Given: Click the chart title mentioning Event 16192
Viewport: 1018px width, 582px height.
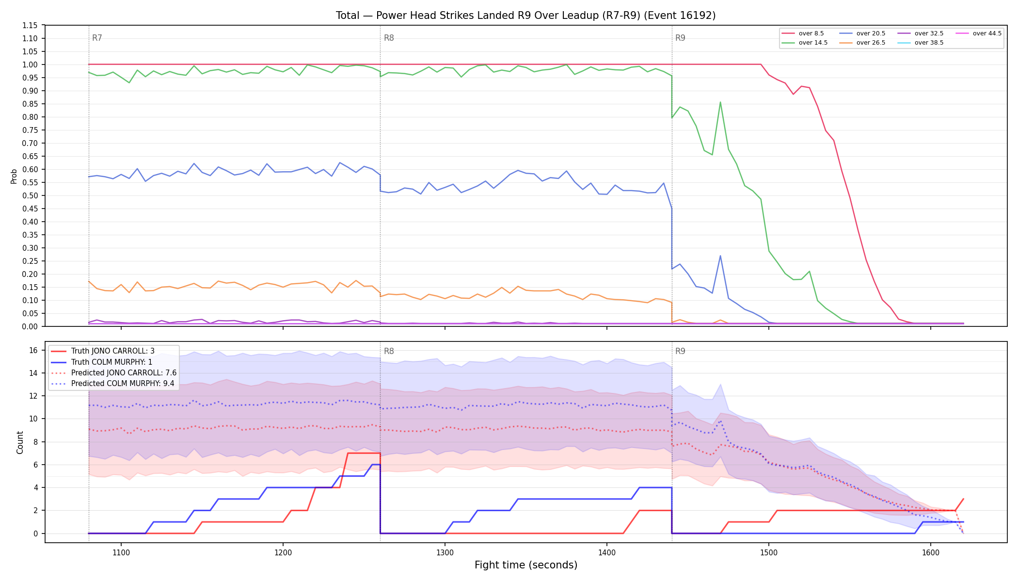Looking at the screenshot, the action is coord(525,16).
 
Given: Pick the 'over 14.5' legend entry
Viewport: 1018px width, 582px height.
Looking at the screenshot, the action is coord(805,43).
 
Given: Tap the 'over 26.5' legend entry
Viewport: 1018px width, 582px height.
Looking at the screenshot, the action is coord(862,43).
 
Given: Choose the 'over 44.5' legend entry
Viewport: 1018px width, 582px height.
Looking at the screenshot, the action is coord(979,33).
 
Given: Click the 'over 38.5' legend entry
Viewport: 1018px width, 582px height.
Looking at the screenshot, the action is coord(921,43).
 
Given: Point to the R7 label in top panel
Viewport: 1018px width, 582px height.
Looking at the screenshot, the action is coord(97,38).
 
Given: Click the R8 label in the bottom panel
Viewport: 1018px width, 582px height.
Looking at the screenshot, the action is coord(389,351).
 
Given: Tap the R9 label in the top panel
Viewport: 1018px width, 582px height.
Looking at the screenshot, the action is coord(680,38).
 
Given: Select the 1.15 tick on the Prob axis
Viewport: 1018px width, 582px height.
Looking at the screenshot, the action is coord(30,25).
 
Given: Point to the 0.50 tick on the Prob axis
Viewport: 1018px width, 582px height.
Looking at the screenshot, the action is coord(30,195).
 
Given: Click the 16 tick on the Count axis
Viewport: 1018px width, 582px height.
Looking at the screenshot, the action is coord(33,350).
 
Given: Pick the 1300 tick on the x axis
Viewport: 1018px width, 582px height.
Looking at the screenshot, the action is coord(445,552).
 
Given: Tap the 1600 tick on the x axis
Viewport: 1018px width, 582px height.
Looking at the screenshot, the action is coord(930,552).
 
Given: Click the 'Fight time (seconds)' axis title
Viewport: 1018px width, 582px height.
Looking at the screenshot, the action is coord(526,565).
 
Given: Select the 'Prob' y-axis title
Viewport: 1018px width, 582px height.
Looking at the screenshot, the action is coord(14,176).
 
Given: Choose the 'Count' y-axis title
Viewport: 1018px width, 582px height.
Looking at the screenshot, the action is coord(20,442).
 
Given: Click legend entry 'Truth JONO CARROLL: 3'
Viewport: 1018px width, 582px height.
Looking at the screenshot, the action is coord(112,351).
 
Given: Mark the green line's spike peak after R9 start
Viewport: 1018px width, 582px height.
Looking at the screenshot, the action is coord(720,102).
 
